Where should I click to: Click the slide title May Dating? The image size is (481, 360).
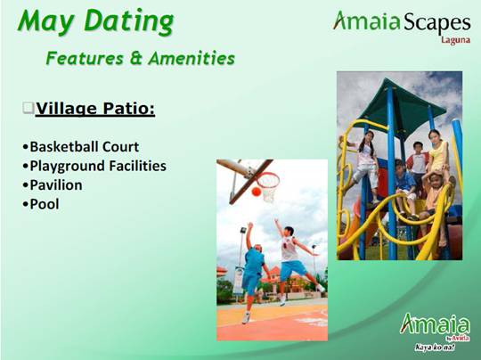coord(95,21)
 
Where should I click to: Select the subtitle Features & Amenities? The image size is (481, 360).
coord(140,59)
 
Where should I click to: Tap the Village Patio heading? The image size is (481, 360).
coord(95,109)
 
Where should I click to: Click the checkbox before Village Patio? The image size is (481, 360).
coord(29,109)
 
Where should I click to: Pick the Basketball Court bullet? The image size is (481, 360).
coord(84,147)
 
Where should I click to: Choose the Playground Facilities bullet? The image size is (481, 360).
coord(97,166)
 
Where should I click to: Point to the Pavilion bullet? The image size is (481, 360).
coord(55,185)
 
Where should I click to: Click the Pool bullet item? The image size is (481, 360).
coord(45,204)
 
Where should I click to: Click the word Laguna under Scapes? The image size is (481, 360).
coord(454,39)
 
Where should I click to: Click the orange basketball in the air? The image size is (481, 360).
coord(256,192)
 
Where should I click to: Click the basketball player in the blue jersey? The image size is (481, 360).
coord(252,267)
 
